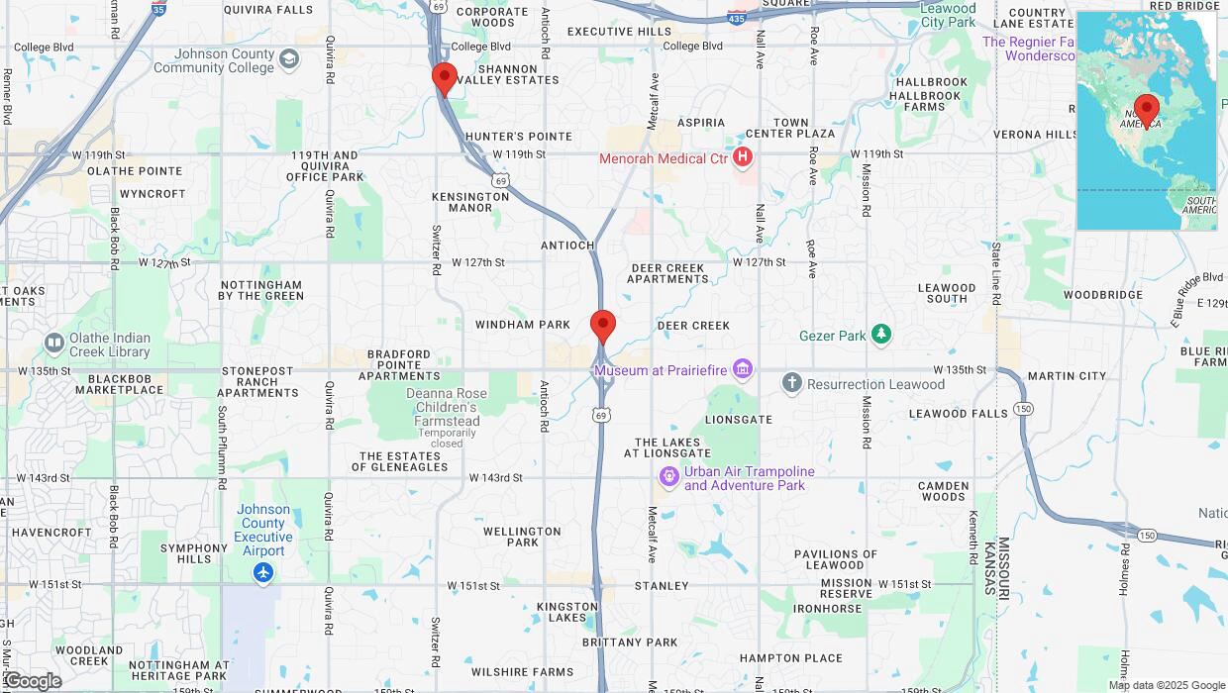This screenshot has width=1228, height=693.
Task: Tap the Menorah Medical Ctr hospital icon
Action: pos(743,157)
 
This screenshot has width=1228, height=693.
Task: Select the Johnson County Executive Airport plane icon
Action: pos(263,573)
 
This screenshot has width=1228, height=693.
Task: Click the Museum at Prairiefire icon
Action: pos(743,370)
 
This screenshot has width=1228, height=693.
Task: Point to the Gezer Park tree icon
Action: pos(880,336)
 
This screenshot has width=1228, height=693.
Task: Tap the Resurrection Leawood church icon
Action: pos(791,383)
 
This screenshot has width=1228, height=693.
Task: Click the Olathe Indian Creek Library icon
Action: pos(54,345)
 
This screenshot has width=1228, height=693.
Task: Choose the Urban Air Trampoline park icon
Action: pos(669,478)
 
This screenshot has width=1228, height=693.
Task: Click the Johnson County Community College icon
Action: pos(288,59)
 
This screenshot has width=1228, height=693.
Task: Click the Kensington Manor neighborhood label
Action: pos(470,202)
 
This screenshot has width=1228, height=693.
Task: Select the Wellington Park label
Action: pos(523,537)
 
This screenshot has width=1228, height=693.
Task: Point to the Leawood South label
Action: pos(947,293)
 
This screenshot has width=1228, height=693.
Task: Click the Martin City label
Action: pos(1067,376)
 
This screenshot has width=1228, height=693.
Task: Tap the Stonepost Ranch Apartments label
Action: pos(257,382)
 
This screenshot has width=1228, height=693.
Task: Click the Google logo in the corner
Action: pos(33,681)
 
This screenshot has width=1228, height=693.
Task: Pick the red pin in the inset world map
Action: pos(1147,110)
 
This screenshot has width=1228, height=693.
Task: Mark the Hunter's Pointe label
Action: pos(518,137)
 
